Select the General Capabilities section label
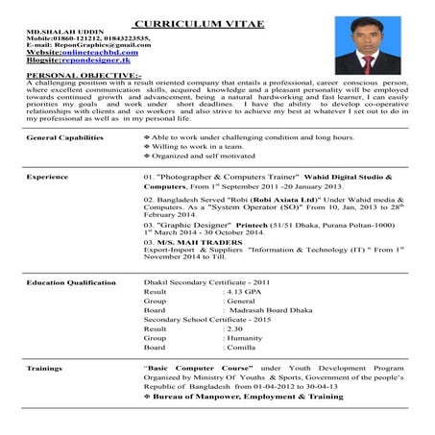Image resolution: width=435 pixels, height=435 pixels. pos(65,138)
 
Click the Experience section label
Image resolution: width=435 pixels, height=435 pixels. pos(47,178)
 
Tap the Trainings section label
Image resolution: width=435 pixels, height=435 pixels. pos(45,368)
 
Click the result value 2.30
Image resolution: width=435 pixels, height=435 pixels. pos(233,327)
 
